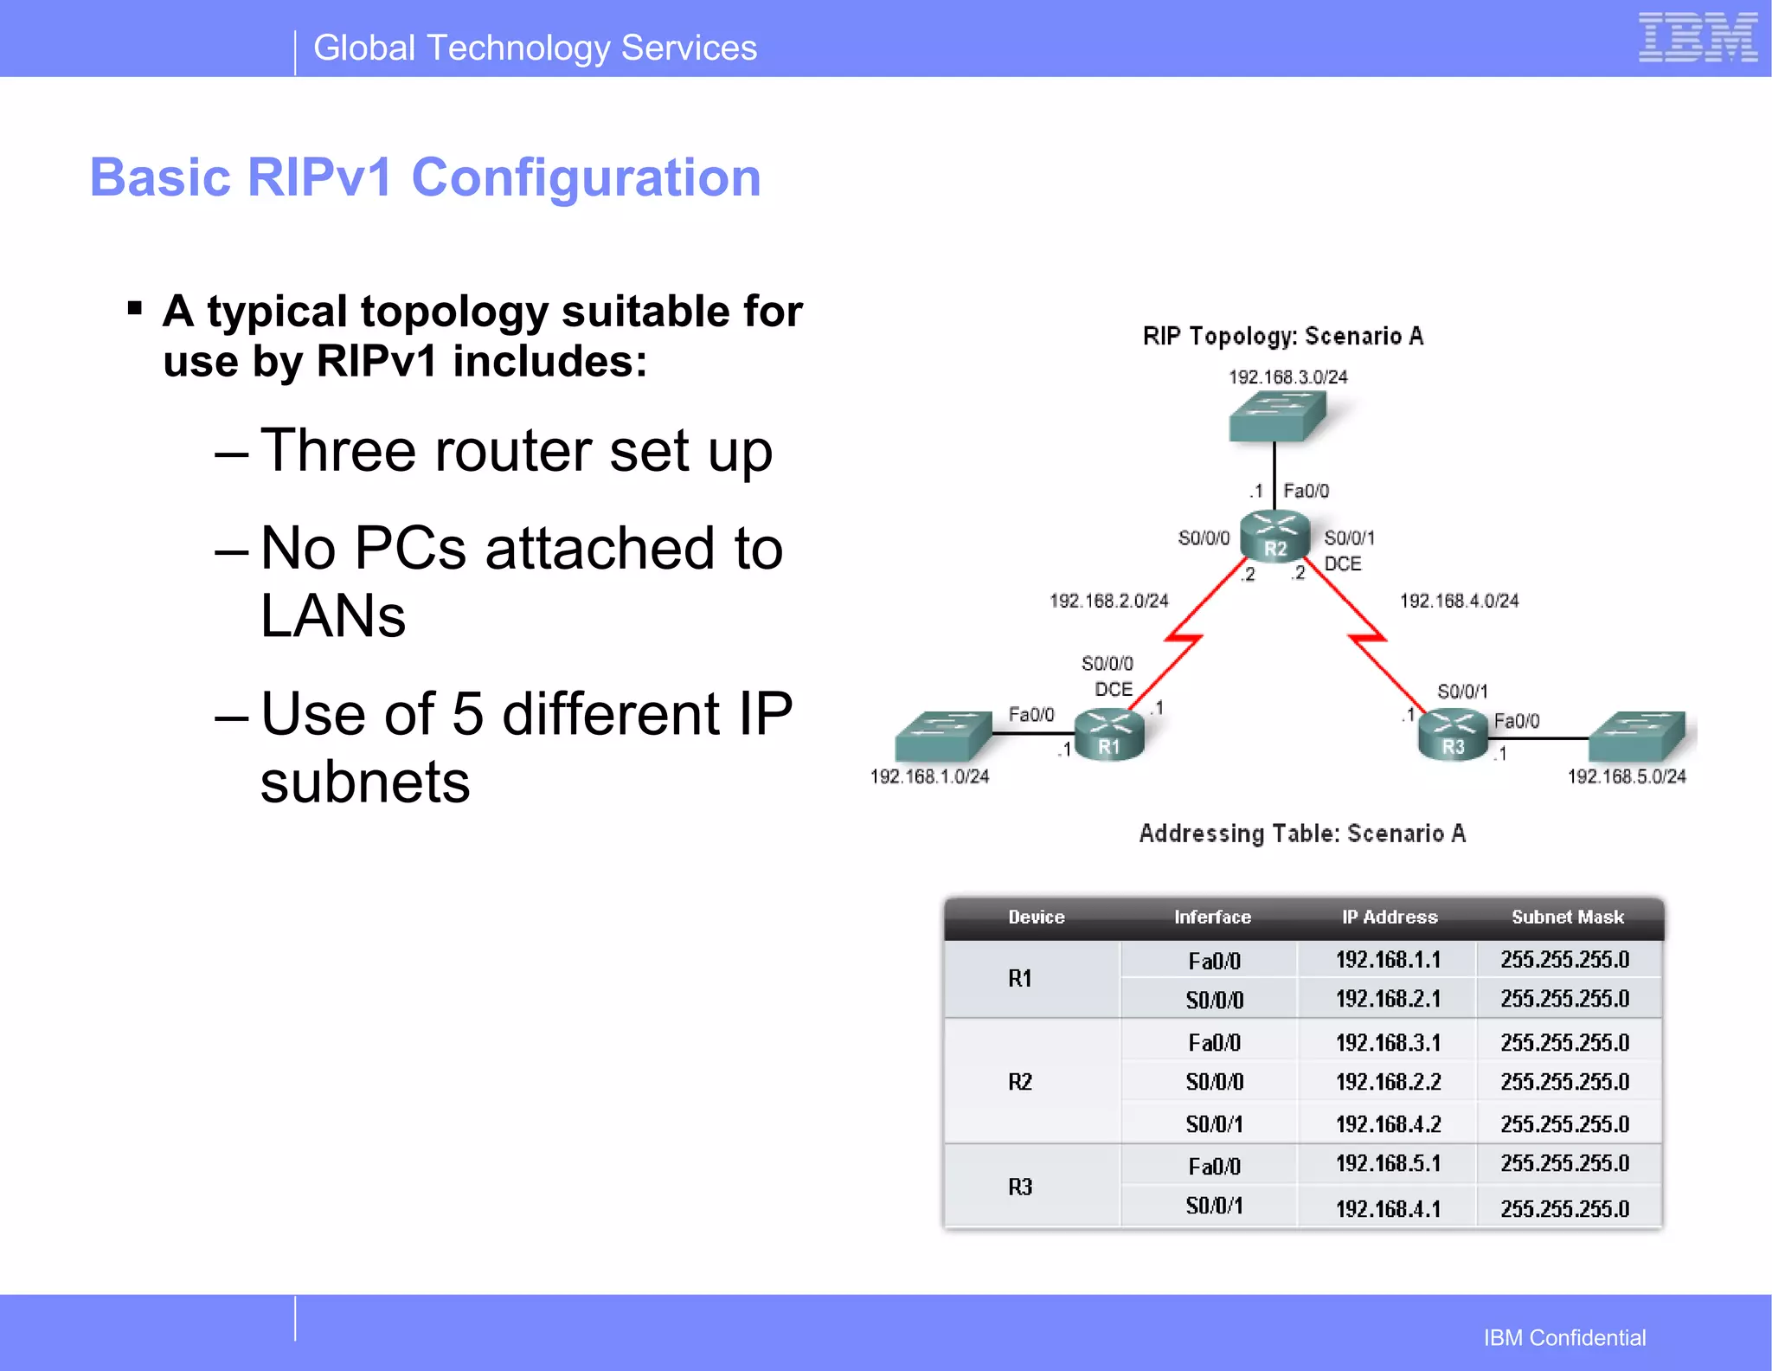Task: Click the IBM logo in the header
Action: click(1697, 38)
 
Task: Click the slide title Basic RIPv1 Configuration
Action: click(425, 177)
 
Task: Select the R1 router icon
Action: click(1108, 736)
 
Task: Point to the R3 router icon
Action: click(1453, 736)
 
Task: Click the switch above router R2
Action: click(1277, 416)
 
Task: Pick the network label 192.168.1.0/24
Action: click(929, 776)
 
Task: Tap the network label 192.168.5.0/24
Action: click(1627, 776)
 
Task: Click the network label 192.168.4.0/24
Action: click(1459, 601)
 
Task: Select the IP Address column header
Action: click(1390, 917)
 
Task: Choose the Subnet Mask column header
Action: click(1567, 917)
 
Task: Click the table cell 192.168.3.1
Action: click(1388, 1043)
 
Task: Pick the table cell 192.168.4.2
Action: click(1388, 1124)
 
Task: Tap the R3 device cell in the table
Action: click(1020, 1187)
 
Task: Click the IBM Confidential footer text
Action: click(1564, 1338)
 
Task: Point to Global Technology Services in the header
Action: click(535, 48)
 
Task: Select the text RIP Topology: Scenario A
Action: click(1282, 337)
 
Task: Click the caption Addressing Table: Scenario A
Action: click(1302, 834)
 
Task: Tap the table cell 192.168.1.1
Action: click(1388, 960)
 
